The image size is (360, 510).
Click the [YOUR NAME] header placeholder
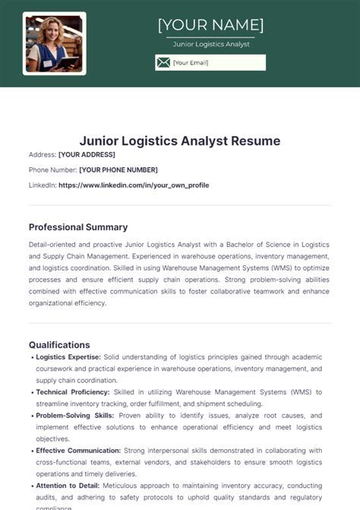pos(210,25)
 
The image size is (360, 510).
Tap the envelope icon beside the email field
pos(163,62)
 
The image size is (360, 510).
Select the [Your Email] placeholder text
pos(190,62)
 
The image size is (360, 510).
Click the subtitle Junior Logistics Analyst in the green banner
pos(210,44)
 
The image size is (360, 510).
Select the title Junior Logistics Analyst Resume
pos(180,141)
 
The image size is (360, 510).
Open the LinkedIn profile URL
pos(133,185)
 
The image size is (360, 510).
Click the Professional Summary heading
pos(78,227)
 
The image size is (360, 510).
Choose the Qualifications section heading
pos(59,344)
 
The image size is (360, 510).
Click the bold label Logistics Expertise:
pos(68,356)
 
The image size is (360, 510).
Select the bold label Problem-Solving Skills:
pos(74,416)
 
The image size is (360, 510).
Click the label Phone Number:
pos(52,169)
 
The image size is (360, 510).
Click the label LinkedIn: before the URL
pos(42,185)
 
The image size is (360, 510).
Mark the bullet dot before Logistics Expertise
pos(31,356)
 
